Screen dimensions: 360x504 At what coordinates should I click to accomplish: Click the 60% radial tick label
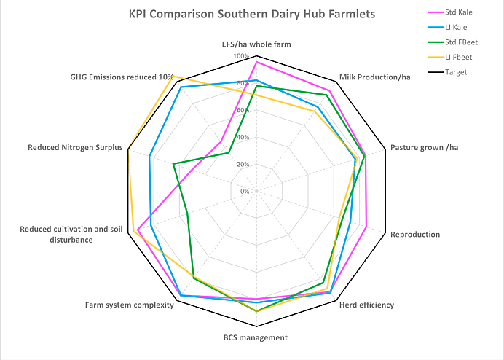[243, 111]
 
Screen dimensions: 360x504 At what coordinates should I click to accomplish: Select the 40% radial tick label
[243, 138]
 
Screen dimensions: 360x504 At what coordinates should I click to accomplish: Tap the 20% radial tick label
[243, 165]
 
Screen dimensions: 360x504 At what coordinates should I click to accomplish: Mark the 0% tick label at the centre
[245, 192]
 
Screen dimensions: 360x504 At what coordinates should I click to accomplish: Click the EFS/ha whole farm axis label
[256, 44]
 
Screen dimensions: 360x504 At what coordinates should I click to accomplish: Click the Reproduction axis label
[415, 235]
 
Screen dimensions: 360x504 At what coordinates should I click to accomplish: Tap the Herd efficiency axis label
[366, 305]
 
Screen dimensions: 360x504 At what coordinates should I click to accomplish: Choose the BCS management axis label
[256, 337]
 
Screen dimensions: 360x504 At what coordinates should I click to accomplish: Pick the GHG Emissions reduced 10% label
[122, 77]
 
